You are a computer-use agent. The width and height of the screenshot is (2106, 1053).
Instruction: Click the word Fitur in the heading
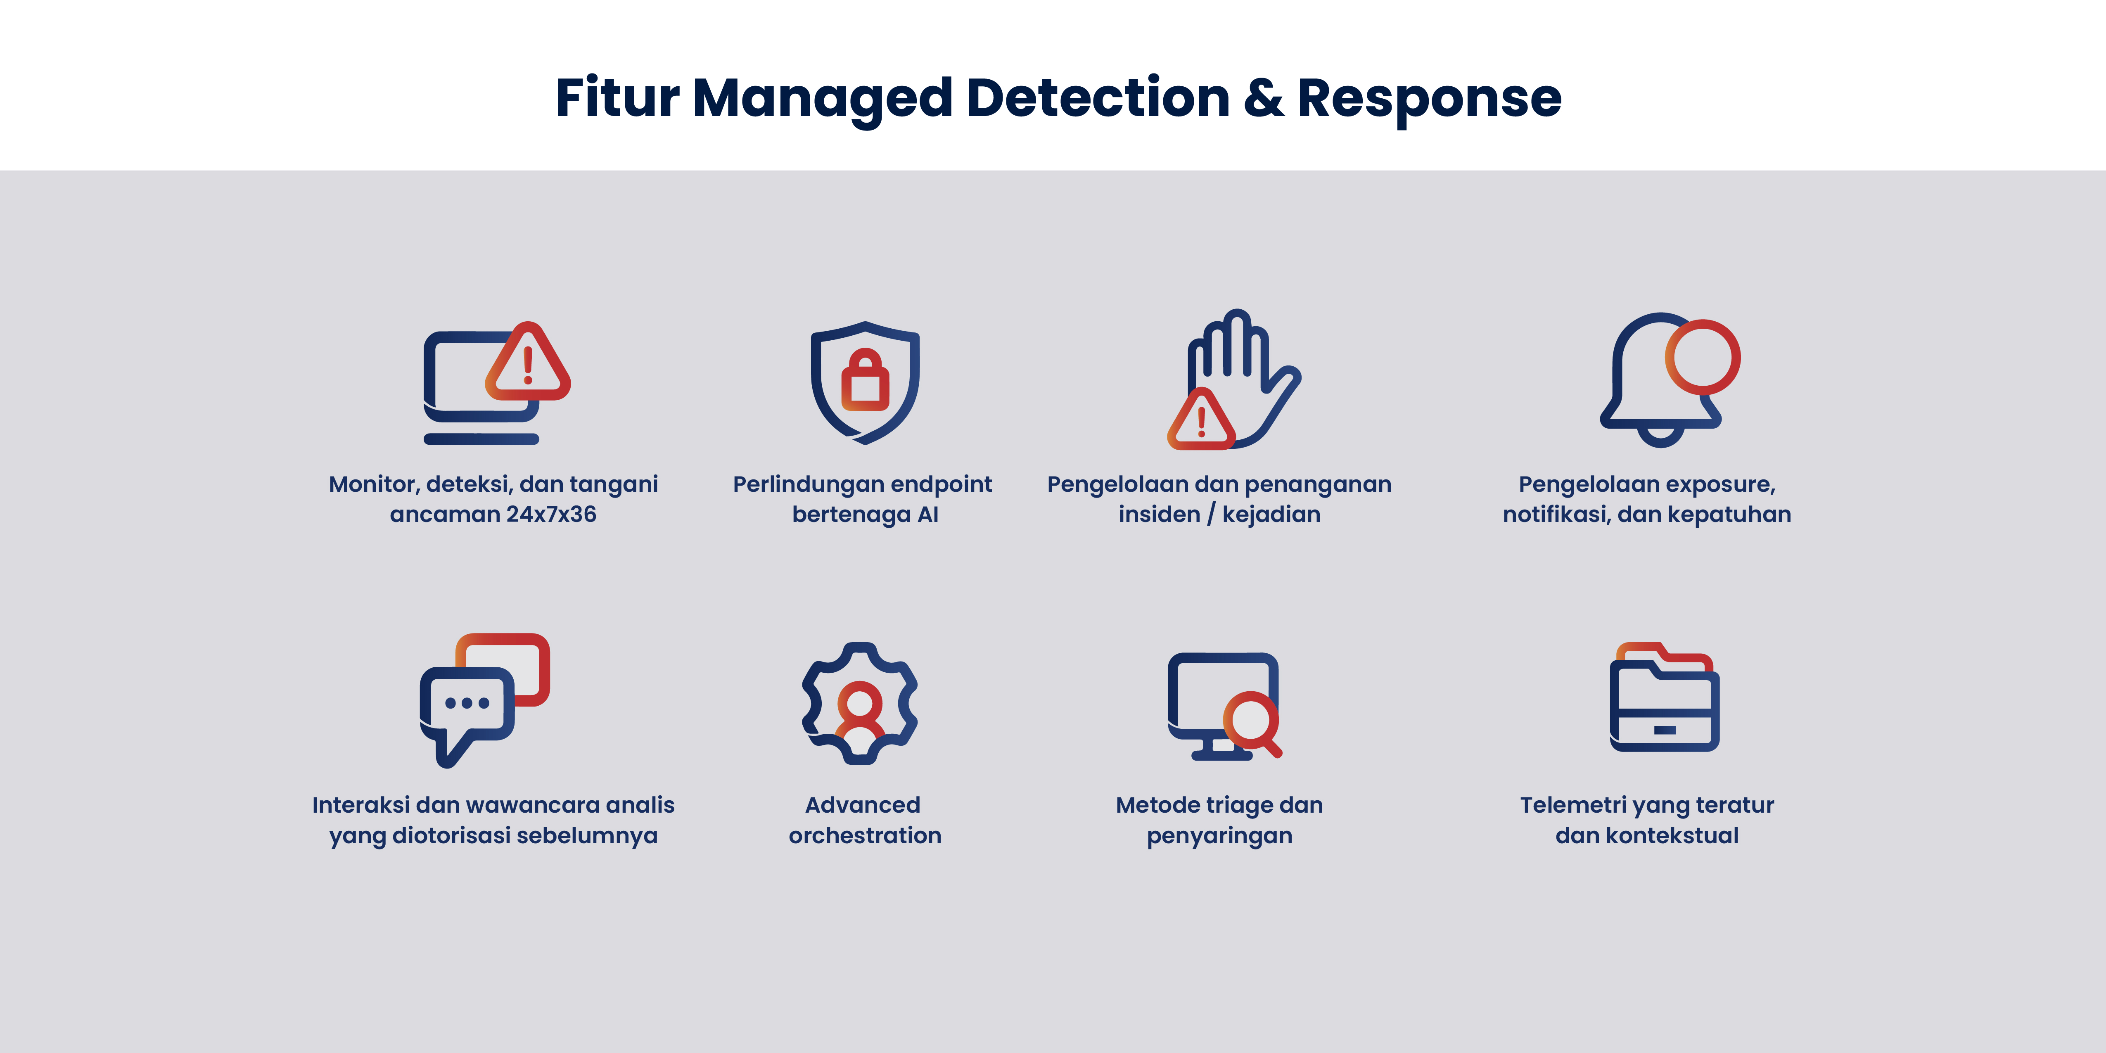[617, 98]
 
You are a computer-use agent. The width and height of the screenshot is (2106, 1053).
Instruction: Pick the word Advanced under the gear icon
[863, 805]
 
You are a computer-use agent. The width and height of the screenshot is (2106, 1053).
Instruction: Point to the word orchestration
[865, 835]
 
